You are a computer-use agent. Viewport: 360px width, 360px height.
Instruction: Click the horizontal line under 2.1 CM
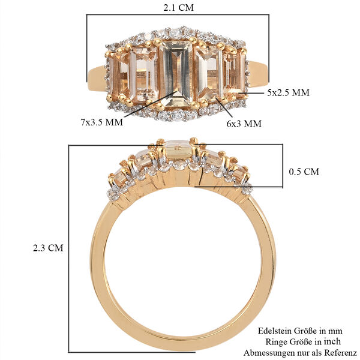tap(178, 15)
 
